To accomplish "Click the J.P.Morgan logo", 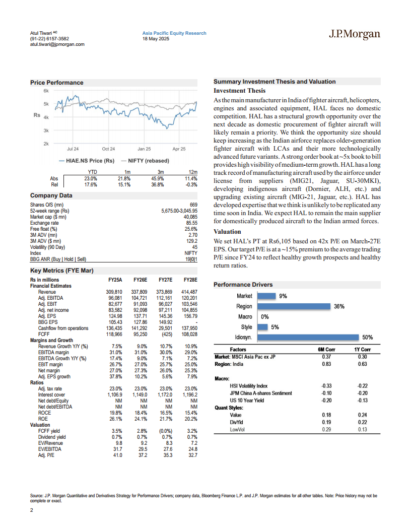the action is [355, 34].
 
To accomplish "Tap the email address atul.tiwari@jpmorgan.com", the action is [57, 44].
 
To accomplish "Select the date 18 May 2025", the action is [156, 39].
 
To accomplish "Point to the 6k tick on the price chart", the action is [46, 91].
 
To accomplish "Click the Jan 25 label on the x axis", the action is [144, 149].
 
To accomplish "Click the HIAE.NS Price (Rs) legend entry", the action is [87, 161].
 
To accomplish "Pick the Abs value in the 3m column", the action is [157, 178].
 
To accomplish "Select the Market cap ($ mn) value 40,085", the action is [190, 217].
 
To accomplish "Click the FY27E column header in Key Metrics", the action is [166, 280].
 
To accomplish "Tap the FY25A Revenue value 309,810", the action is [114, 292].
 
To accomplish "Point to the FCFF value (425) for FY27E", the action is [167, 334].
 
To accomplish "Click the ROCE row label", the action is [44, 413].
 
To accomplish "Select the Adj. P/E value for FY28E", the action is [192, 455].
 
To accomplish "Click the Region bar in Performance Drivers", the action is [294, 306].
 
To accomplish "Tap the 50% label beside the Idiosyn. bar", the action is [368, 337].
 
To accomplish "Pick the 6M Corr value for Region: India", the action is [326, 364].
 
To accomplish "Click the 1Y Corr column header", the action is [363, 350].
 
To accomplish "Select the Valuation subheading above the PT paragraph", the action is [227, 232].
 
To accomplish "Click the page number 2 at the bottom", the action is [32, 510].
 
